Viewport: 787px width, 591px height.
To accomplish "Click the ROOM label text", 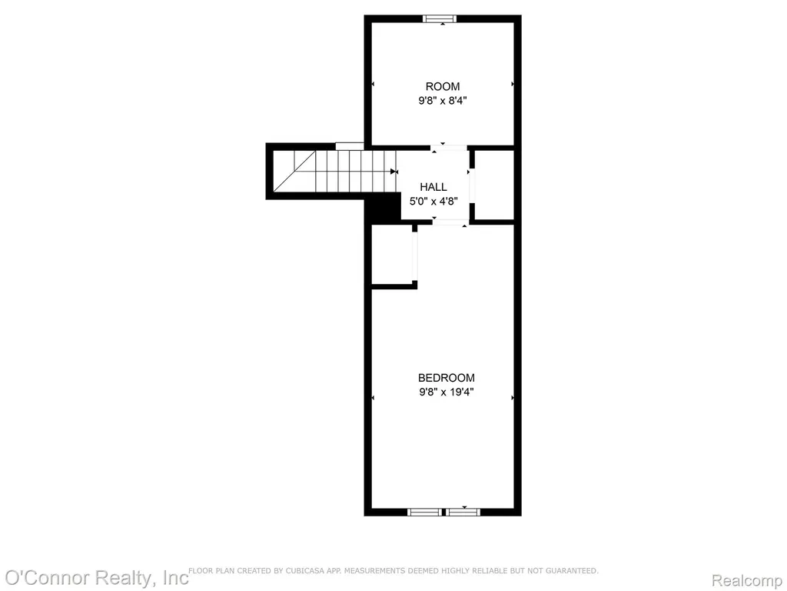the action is pos(442,86).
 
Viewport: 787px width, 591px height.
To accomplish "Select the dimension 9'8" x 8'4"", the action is pos(443,101).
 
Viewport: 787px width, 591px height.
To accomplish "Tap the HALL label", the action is pos(433,187).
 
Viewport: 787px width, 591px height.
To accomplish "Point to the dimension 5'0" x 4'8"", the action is pos(433,202).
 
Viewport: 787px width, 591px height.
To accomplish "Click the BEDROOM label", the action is pos(447,377).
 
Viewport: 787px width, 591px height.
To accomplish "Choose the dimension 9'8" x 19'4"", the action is pos(447,392).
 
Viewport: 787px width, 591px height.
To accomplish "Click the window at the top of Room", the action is pos(440,19).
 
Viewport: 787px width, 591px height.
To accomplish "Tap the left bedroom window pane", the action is pos(424,512).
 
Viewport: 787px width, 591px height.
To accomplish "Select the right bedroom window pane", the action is pos(463,512).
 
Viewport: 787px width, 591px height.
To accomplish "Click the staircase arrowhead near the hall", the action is pos(393,172).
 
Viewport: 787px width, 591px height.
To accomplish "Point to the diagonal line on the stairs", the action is pos(294,171).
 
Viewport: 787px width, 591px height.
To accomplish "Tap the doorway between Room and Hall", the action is pos(449,148).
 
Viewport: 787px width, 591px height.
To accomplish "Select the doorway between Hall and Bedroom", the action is pos(450,222).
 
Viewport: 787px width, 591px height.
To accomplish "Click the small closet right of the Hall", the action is pos(494,185).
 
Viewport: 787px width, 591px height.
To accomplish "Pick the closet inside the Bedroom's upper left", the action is pos(391,254).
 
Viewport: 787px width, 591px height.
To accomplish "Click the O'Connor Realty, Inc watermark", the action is pos(97,578).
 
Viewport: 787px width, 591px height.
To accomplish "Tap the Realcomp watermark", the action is pos(747,580).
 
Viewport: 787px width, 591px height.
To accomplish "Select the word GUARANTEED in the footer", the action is pos(572,571).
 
